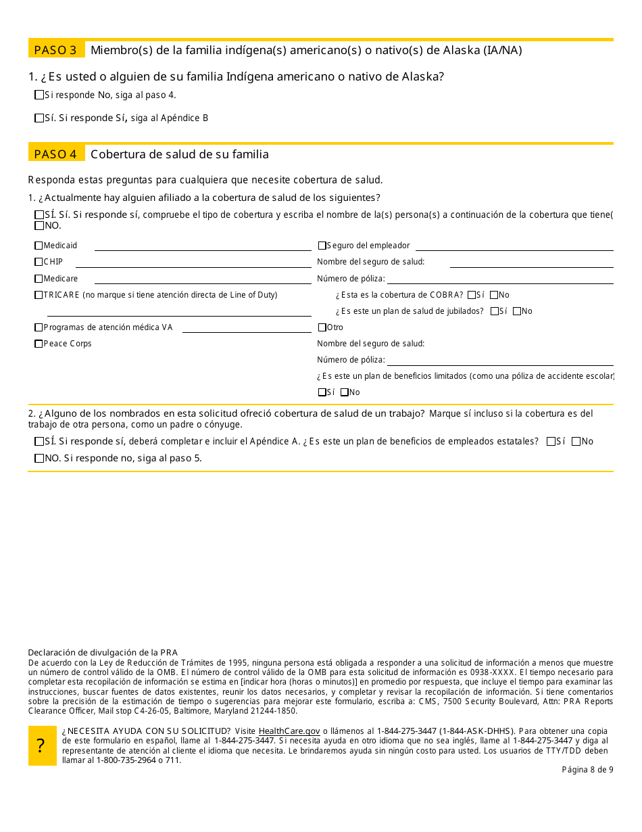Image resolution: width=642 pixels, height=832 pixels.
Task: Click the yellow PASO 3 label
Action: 56,50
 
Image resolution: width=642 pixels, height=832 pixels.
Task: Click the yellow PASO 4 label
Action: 56,154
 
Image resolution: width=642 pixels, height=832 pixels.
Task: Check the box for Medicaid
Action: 39,246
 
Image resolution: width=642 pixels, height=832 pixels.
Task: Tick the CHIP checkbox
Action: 39,262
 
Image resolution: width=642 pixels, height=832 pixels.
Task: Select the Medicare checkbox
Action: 39,279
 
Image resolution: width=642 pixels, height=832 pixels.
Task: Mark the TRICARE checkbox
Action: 39,295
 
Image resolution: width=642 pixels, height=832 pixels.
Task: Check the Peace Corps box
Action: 39,344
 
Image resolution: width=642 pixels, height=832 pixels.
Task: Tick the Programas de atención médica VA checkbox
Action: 39,327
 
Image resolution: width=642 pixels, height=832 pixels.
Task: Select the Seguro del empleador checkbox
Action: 322,246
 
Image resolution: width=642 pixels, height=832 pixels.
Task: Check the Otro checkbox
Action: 322,327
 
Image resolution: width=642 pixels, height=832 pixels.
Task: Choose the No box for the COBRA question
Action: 494,295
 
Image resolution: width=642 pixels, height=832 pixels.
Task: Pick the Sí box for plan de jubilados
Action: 495,311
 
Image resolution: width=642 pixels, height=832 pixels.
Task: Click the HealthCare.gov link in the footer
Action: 289,731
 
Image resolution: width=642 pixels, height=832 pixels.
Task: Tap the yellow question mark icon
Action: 42,745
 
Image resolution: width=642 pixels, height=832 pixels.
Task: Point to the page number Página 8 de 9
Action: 587,769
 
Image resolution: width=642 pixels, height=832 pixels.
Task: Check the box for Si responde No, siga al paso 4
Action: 39,95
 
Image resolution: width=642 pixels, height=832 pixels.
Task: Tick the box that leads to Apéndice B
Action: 39,118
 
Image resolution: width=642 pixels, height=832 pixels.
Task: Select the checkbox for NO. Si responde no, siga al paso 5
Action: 39,459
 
